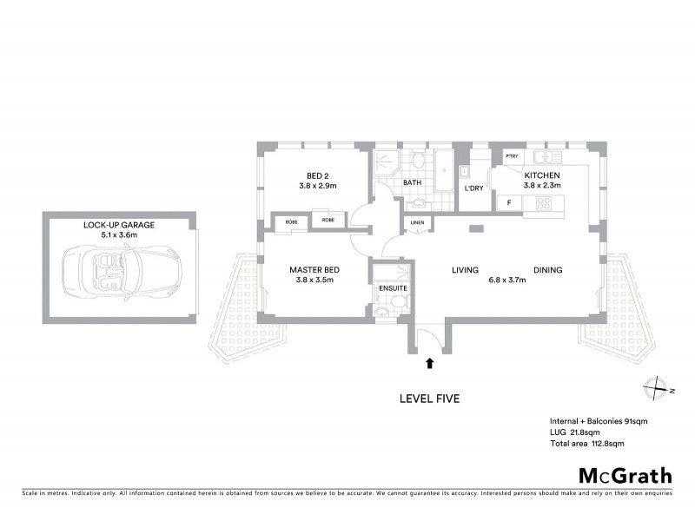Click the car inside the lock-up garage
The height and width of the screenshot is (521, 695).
pos(118,268)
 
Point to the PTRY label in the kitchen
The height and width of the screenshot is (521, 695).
pos(512,156)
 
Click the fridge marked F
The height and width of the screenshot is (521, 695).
pos(508,202)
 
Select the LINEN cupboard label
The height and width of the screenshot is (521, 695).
pos(416,225)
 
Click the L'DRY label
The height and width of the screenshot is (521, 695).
pos(473,188)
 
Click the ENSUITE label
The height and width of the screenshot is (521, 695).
pos(389,287)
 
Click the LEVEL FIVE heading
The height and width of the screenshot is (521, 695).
pos(428,399)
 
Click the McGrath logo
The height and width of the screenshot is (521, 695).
pos(625,475)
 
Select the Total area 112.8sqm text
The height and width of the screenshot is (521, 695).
pos(586,443)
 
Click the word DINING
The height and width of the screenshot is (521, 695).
pos(547,270)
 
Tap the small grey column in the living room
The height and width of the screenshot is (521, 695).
pos(474,228)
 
